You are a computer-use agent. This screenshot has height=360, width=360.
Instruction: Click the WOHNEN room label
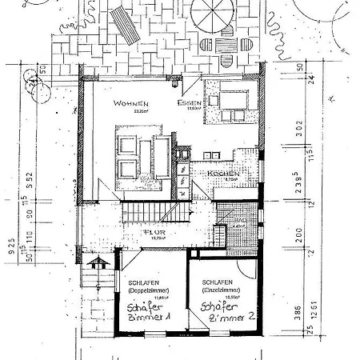coord(130,103)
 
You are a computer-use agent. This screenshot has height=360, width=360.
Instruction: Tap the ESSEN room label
coord(189,103)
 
